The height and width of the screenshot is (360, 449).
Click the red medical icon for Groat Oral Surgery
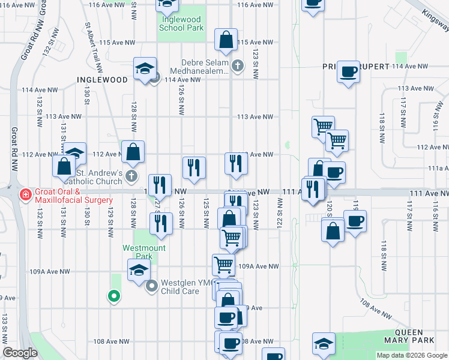coord(25,194)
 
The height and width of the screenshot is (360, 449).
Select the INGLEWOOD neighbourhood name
coord(102,80)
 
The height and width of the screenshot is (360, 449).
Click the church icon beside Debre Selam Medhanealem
coord(238,66)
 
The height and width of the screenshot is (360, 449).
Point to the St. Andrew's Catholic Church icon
coord(132,176)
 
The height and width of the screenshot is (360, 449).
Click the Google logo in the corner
coord(20,353)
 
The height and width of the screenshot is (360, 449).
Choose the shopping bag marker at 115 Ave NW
coord(226,41)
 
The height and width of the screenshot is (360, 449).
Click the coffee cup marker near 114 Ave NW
coord(348,72)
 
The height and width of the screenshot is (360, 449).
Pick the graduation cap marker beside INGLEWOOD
coord(145,68)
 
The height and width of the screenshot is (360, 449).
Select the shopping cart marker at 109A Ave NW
coord(223,263)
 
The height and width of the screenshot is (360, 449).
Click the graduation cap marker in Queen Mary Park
coord(324,343)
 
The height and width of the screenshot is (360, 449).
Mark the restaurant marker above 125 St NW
coord(194,167)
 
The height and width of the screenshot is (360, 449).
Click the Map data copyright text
coord(412,355)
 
